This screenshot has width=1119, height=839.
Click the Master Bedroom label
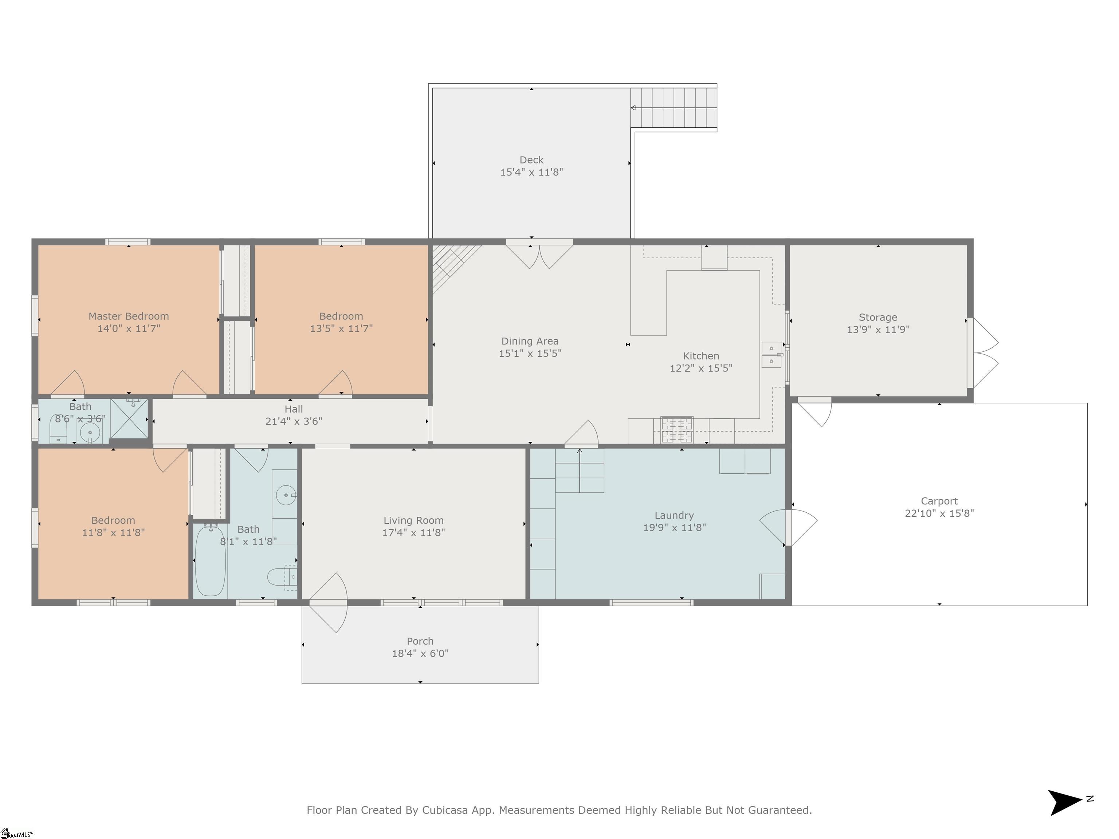129,316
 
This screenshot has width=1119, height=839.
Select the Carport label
939,501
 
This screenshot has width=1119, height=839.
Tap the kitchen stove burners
677,430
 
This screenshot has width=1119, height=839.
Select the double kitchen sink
771,355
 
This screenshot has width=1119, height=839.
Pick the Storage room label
878,317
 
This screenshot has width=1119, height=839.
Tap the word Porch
420,641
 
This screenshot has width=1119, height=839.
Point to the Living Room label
413,520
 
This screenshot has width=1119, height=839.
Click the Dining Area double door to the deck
539,255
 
